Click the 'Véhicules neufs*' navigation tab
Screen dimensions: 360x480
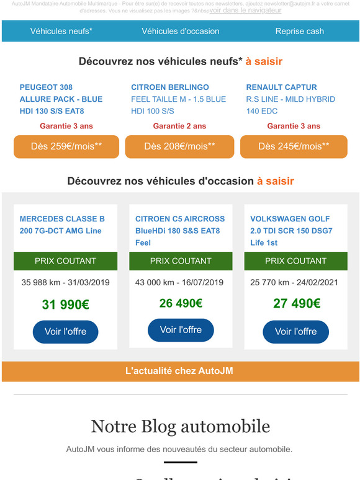click(x=61, y=31)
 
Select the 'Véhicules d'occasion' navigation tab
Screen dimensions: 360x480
click(x=180, y=31)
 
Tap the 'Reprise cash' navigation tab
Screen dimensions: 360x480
click(x=299, y=31)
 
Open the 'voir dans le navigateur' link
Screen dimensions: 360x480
click(x=245, y=11)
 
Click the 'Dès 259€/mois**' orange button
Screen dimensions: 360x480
click(x=66, y=146)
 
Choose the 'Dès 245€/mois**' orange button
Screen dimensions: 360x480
click(x=294, y=146)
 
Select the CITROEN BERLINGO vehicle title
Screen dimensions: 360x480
click(x=169, y=87)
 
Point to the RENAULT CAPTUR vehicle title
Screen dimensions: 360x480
click(x=281, y=87)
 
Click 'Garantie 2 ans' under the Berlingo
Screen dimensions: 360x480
click(x=179, y=126)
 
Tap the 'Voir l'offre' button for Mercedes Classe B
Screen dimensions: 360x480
click(x=65, y=332)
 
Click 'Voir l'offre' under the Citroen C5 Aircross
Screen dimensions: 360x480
click(x=181, y=330)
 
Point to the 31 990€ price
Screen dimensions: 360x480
click(x=65, y=304)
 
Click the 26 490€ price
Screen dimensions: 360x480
click(x=181, y=303)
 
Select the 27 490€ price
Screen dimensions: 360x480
click(x=296, y=303)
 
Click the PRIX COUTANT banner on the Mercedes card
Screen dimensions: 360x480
click(x=65, y=261)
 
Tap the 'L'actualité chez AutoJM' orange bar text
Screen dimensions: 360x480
click(x=179, y=371)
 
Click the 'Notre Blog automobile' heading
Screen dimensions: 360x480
click(x=180, y=427)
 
